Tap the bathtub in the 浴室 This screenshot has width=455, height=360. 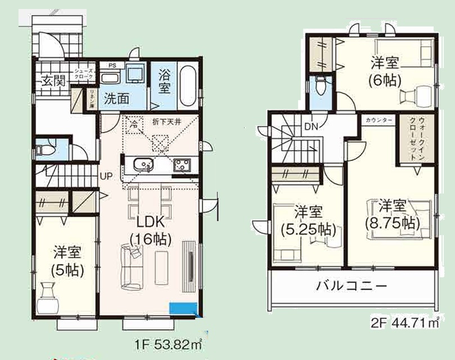187,88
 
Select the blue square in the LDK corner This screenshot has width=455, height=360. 183,308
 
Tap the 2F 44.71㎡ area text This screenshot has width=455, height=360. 405,323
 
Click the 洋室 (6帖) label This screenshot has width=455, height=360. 385,70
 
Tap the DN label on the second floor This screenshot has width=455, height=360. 312,127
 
